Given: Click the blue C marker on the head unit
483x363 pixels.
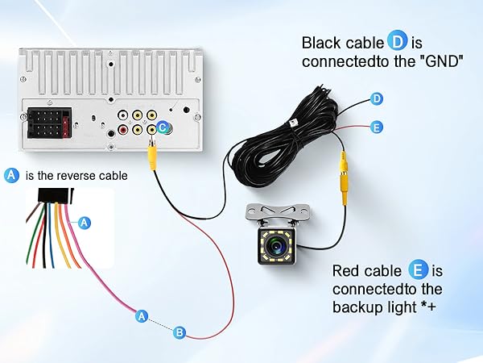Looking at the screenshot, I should click(x=163, y=127).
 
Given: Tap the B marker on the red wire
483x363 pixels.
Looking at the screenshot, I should click(x=180, y=332).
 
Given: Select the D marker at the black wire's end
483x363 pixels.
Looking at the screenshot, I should click(x=376, y=99).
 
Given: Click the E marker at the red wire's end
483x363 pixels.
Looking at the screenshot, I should click(x=376, y=127).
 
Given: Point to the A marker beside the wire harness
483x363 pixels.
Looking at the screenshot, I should click(x=85, y=222).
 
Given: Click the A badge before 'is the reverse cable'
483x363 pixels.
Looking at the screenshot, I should click(x=11, y=175).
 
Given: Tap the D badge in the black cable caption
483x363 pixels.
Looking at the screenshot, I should click(x=397, y=43).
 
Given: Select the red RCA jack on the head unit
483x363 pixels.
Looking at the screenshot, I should click(x=122, y=129).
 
